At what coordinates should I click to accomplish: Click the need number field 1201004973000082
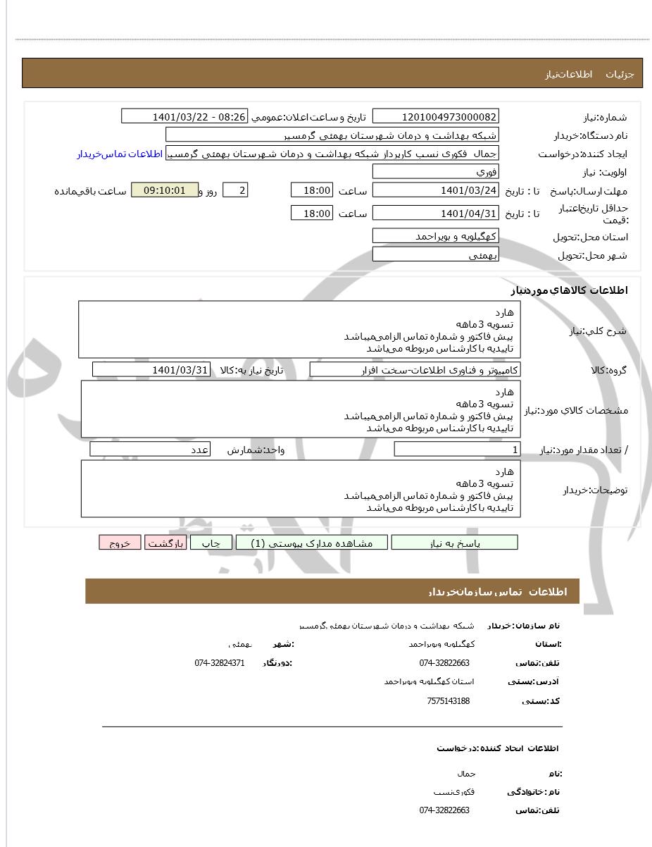pos(435,116)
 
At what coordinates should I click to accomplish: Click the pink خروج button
pos(120,543)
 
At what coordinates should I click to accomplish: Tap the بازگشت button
pos(165,543)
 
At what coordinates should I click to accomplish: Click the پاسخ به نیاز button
pos(454,543)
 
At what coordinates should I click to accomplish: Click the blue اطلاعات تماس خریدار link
pos(120,154)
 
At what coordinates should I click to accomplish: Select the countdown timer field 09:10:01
pos(165,190)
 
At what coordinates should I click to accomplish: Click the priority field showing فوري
pos(435,172)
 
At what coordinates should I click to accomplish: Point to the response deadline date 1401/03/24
pos(435,190)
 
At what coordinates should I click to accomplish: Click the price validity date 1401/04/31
pos(435,213)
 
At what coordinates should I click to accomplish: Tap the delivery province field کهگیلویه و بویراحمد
pos(435,236)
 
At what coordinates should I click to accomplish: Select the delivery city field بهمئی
pos(435,254)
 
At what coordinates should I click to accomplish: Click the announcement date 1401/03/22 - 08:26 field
pos(184,116)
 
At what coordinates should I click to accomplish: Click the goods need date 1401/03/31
pos(151,369)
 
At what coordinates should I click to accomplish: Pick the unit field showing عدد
pos(150,450)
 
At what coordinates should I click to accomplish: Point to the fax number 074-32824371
pos(220,663)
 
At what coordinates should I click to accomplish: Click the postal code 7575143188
pos(448,700)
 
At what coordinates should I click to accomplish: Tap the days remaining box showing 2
pos(235,190)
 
